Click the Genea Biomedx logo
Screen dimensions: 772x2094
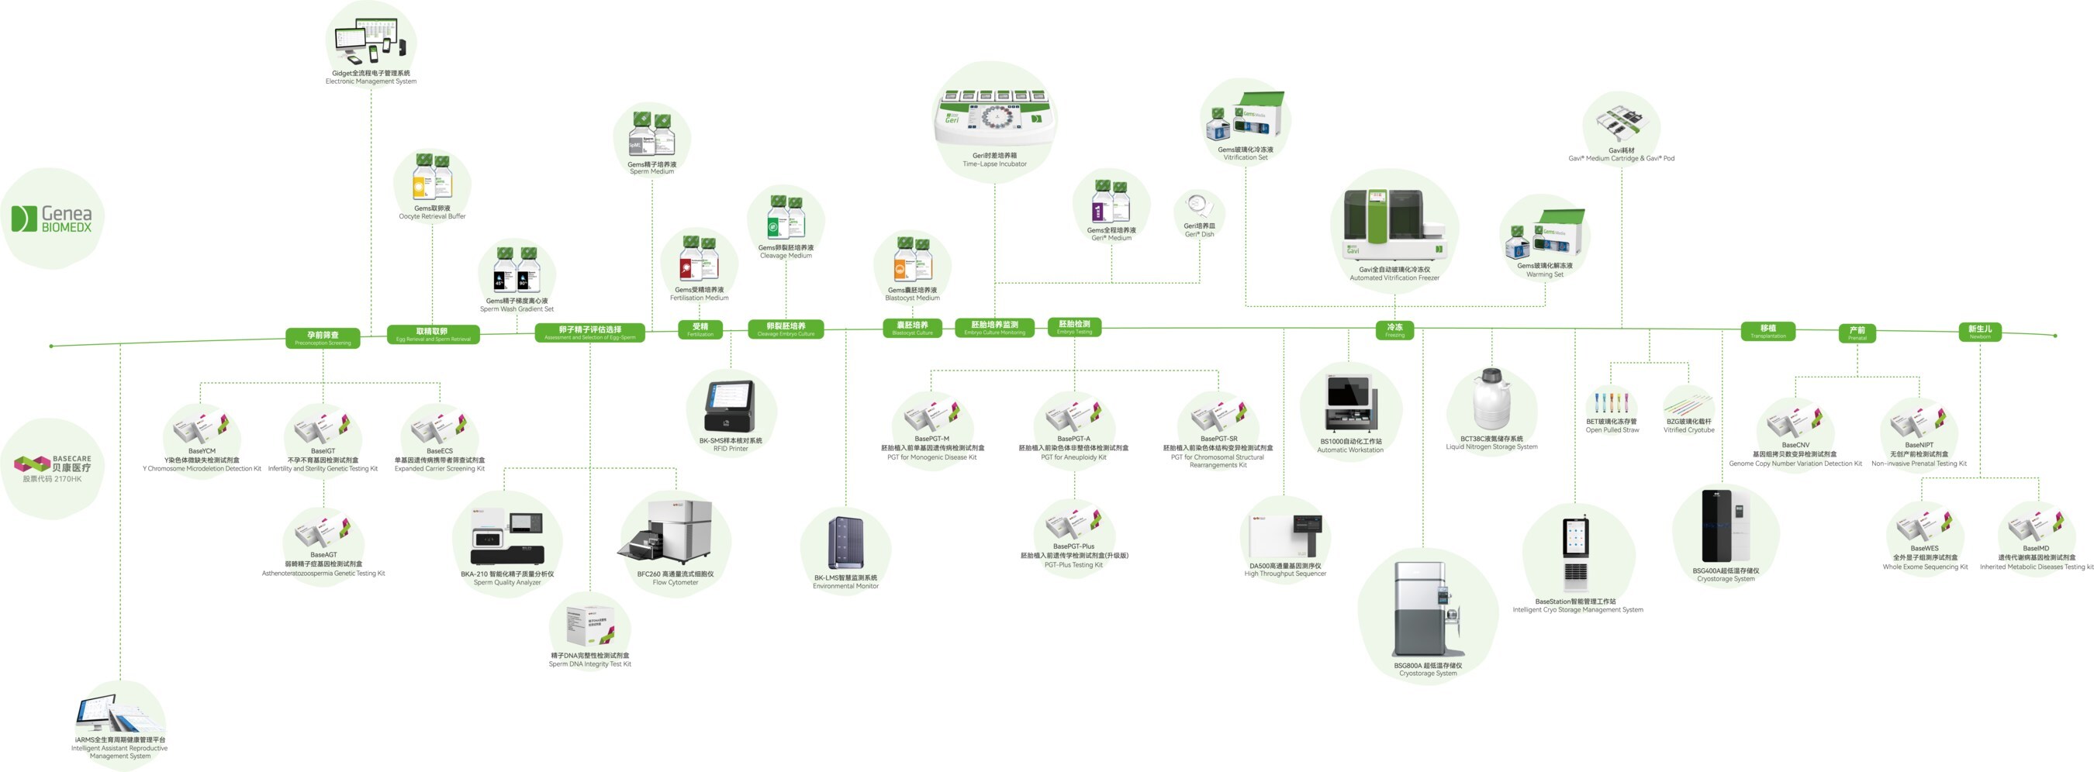point(52,219)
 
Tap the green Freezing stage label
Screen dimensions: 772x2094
point(1394,330)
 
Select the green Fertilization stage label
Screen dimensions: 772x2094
point(700,329)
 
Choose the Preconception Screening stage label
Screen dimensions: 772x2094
point(323,338)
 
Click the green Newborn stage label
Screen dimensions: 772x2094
point(1979,332)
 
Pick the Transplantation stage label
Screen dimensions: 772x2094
point(1768,331)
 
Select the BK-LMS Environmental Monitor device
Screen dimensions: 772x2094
point(845,543)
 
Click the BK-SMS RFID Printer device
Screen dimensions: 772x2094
point(729,405)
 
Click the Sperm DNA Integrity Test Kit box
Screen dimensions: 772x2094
point(589,626)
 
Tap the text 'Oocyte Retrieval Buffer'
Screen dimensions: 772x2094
point(432,217)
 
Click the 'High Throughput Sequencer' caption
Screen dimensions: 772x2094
point(1284,574)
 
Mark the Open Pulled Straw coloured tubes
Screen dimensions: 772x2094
point(1610,402)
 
